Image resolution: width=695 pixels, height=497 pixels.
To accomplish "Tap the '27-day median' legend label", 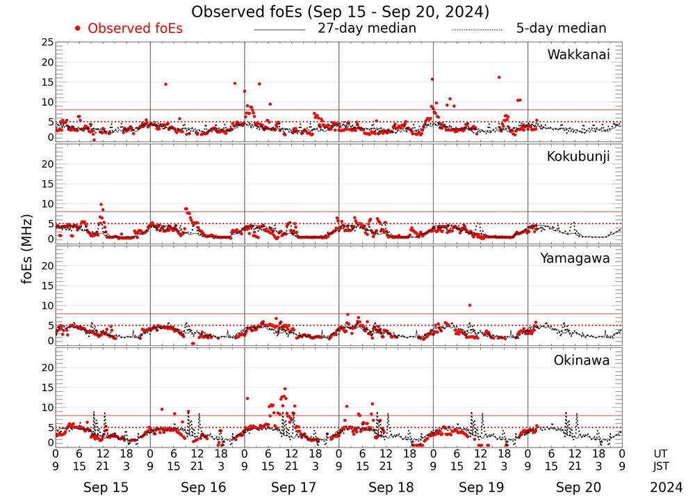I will (366, 29).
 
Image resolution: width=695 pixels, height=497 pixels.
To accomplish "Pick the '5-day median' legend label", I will (561, 29).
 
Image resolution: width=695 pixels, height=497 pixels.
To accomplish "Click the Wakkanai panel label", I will (578, 55).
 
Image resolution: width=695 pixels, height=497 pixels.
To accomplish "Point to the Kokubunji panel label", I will (578, 157).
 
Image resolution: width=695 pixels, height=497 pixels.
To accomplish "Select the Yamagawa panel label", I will (575, 258).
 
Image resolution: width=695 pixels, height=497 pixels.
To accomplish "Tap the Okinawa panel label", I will (581, 360).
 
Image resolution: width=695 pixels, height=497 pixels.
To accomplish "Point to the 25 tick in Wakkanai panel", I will (47, 42).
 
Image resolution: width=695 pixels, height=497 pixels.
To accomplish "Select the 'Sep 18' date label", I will (386, 487).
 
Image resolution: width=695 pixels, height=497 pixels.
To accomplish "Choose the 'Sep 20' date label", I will (575, 487).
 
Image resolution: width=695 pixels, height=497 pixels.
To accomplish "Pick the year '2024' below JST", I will (666, 487).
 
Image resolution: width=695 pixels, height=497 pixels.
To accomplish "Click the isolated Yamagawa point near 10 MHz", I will (470, 305).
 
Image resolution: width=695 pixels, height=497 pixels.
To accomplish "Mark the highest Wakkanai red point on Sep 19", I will (499, 77).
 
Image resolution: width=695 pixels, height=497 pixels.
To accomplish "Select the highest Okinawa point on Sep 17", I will (285, 389).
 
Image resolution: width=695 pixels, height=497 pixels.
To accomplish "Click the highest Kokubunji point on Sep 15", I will (101, 205).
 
